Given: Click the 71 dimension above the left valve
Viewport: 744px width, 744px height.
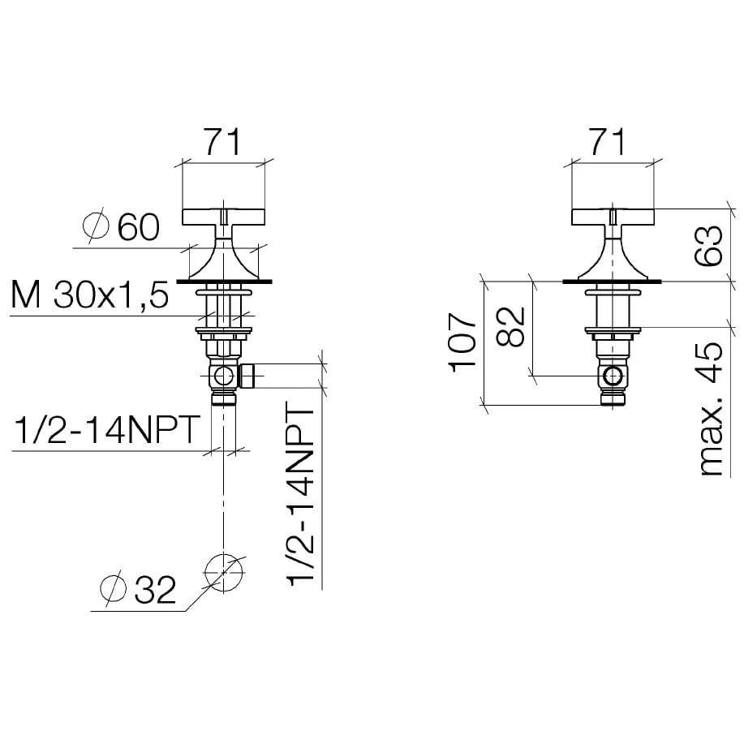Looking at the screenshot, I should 221,142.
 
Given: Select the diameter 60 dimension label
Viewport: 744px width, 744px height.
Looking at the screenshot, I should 123,226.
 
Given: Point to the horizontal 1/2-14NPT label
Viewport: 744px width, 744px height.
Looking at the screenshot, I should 106,431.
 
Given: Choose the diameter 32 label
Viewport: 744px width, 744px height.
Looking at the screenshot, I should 139,589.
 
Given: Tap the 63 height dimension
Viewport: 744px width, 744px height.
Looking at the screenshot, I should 708,246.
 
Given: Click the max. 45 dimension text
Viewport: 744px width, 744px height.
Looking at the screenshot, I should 708,410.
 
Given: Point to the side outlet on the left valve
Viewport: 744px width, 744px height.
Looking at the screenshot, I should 247,376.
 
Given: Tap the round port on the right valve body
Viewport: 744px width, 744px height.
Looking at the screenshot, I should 614,375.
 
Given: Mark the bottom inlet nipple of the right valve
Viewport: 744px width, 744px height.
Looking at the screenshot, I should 613,397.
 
